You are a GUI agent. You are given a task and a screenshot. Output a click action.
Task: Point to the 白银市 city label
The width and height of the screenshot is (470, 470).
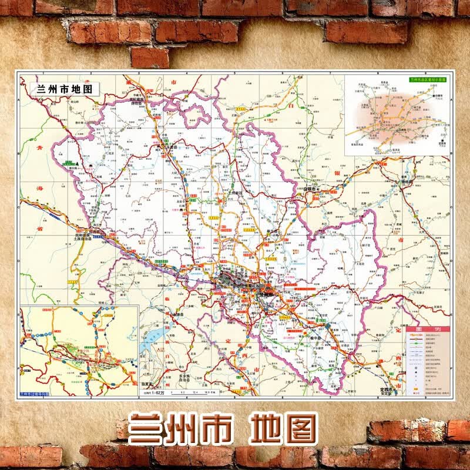point(310,189)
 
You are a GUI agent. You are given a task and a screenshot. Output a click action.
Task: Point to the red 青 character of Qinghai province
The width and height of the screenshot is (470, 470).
point(39,147)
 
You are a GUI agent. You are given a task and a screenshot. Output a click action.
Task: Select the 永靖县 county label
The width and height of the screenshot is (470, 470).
point(179,315)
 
